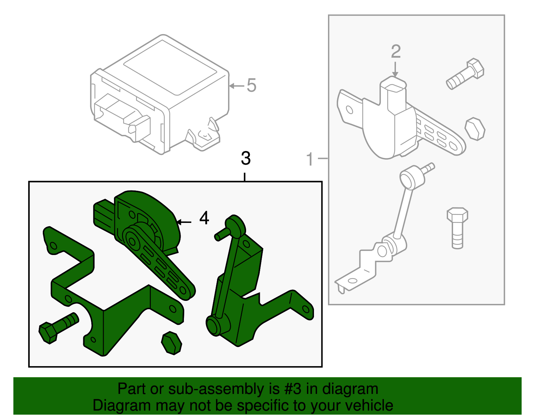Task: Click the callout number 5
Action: click(x=251, y=85)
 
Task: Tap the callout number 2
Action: click(x=396, y=52)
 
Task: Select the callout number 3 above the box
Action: click(x=245, y=158)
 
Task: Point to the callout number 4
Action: click(x=204, y=218)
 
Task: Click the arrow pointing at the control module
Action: click(x=236, y=86)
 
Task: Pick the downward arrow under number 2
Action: click(x=396, y=70)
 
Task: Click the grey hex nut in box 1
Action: click(x=475, y=129)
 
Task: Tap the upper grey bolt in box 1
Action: click(x=465, y=74)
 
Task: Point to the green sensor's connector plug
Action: click(x=103, y=213)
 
